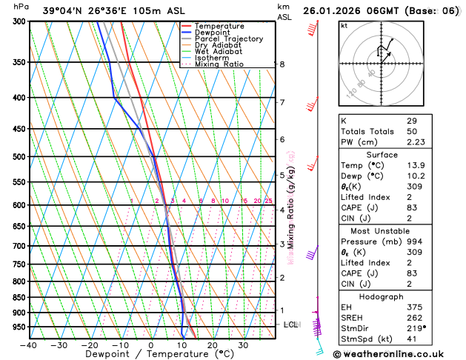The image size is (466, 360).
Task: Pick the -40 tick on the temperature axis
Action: (x=29, y=345)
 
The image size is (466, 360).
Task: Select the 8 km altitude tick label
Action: (x=282, y=64)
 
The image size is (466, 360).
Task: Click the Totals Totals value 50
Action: (x=412, y=131)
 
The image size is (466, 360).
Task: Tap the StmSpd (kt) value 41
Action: (x=412, y=340)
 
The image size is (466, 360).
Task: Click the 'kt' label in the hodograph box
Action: (x=344, y=25)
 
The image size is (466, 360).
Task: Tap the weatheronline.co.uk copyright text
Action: (x=399, y=354)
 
